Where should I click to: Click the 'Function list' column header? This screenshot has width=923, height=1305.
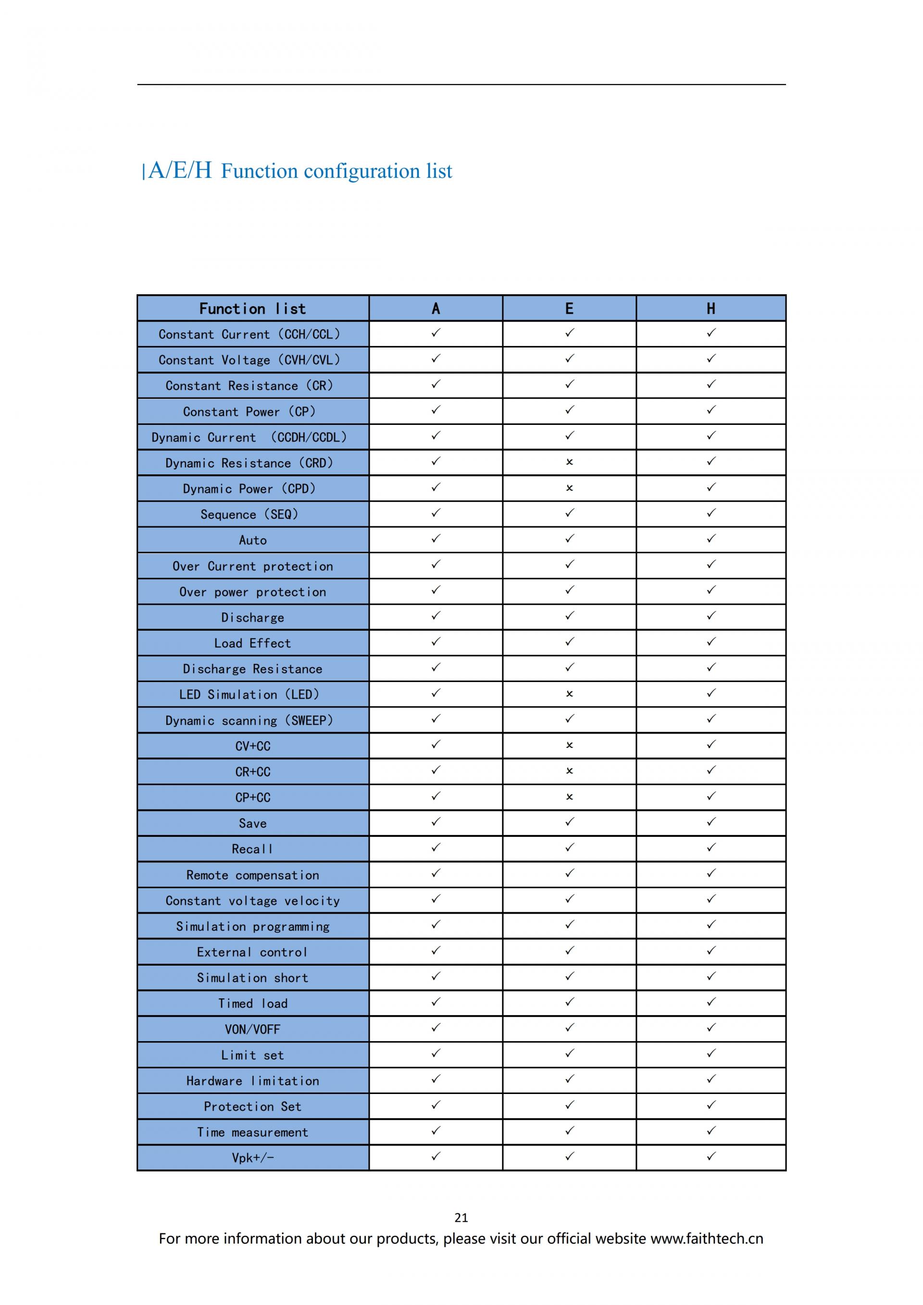coord(252,309)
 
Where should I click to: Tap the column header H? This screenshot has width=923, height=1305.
coord(711,309)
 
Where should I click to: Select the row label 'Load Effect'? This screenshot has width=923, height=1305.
coord(252,643)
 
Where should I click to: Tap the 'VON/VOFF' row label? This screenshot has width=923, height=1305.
coord(252,1029)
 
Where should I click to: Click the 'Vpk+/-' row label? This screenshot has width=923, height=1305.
coord(252,1158)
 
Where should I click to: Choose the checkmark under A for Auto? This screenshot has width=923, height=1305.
coord(436,538)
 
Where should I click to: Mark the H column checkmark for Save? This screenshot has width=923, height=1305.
coord(711,822)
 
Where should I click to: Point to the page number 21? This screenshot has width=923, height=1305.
coord(461,1218)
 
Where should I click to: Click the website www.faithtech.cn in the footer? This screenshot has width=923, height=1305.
coord(707,1239)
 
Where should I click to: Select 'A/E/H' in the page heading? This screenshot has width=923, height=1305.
coord(180,170)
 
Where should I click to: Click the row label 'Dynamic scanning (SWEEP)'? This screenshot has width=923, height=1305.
coord(249,720)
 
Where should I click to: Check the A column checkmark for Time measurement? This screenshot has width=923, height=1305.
coord(436,1131)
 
